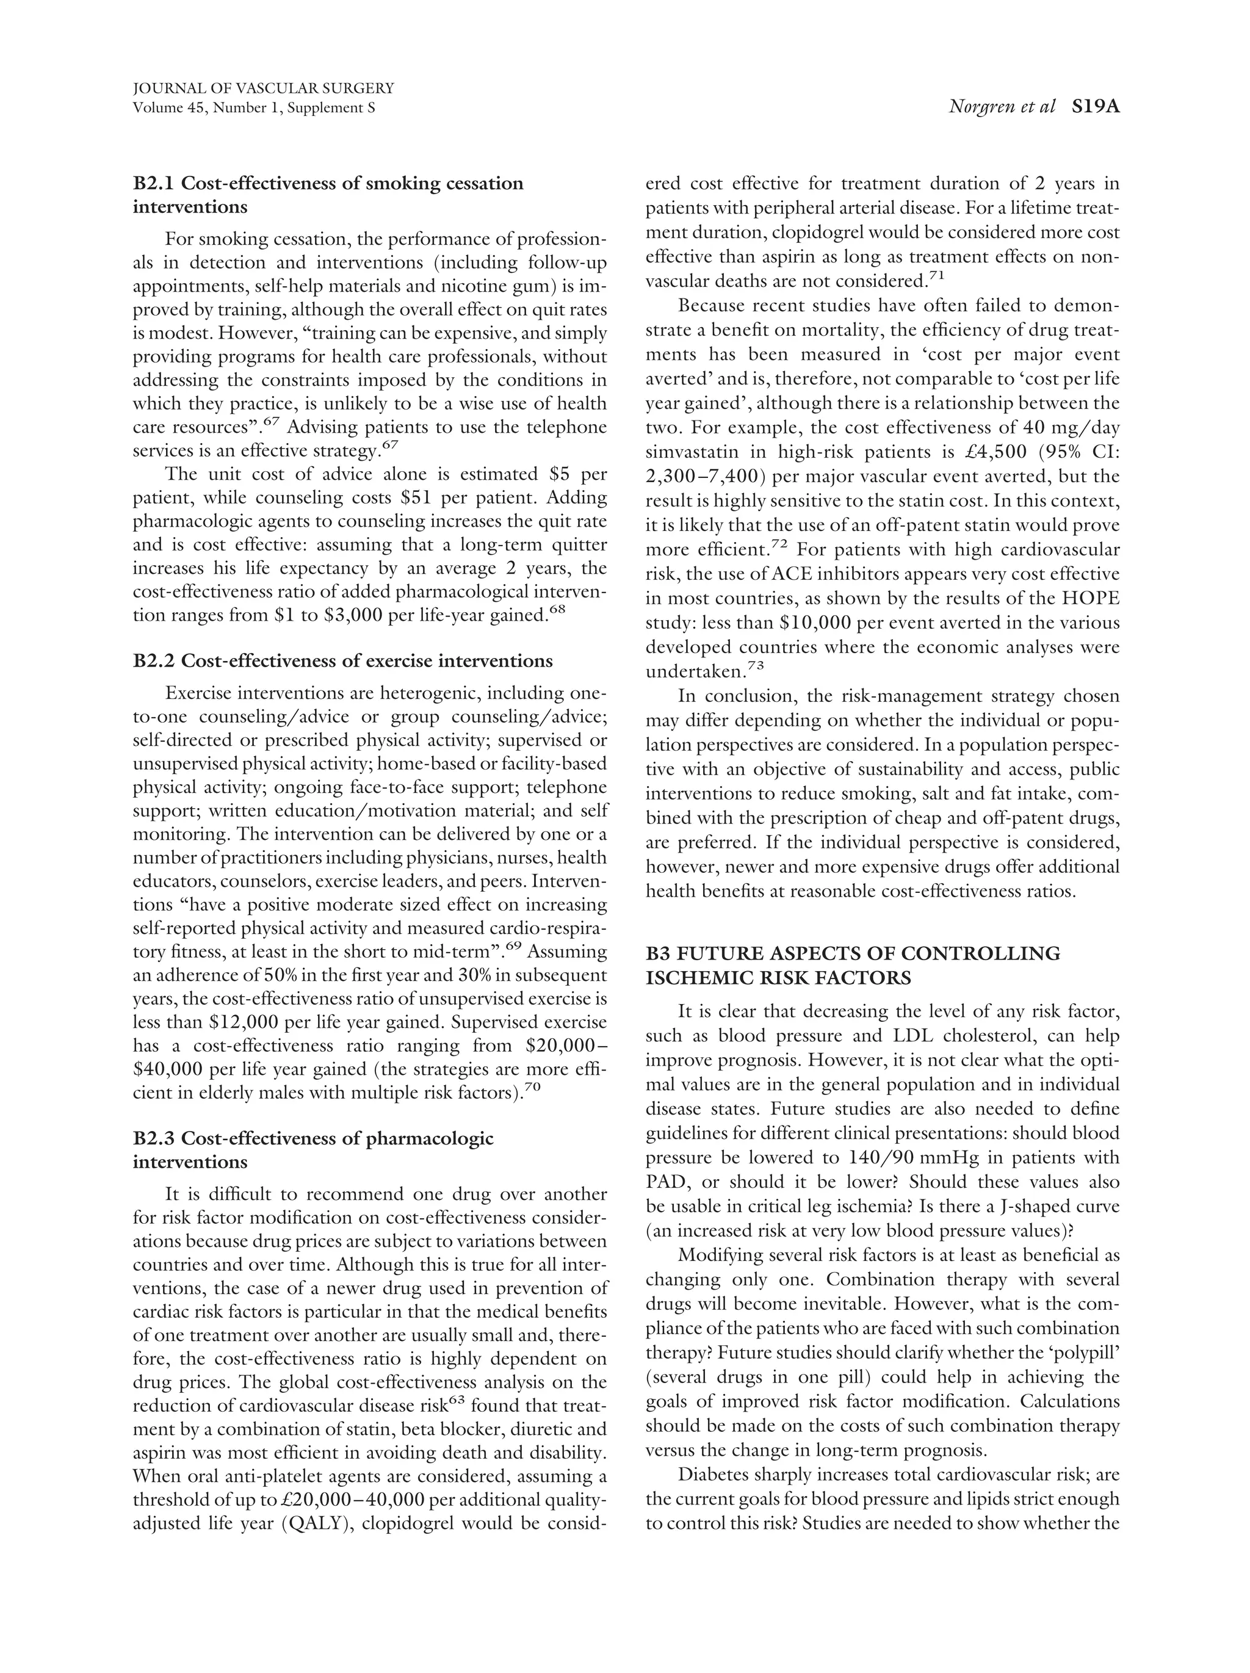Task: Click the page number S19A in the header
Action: coord(1094,107)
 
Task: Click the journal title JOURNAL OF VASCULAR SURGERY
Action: coord(262,89)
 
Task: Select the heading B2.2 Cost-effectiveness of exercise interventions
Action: coord(342,661)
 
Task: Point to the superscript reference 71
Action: coord(936,275)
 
